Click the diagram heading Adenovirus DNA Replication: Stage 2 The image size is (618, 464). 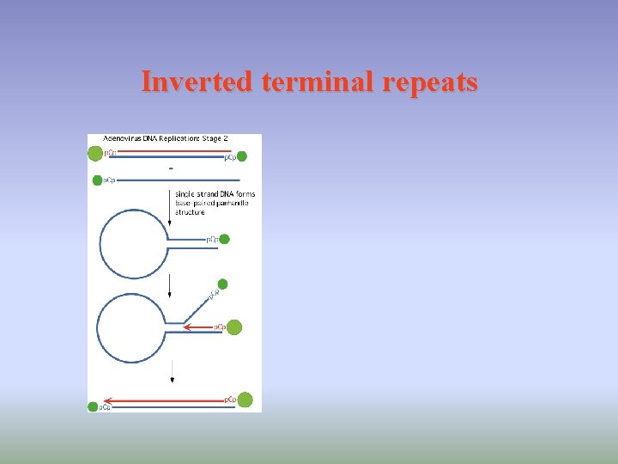point(171,137)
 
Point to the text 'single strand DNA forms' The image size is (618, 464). point(215,194)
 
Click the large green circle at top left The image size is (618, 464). point(95,154)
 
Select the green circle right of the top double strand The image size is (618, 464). point(242,156)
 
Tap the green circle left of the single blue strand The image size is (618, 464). point(97,180)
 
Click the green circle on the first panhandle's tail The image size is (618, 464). point(225,240)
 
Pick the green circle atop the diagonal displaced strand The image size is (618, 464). point(223,284)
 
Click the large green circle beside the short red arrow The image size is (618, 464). point(234,327)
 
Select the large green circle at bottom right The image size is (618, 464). point(245,400)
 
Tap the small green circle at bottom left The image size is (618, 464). point(93,406)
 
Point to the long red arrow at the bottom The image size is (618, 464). point(163,400)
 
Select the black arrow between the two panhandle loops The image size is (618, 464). point(169,286)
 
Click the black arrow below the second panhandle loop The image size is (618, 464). point(173,370)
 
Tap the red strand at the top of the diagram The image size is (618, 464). point(167,152)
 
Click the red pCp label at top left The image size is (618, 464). point(110,153)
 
